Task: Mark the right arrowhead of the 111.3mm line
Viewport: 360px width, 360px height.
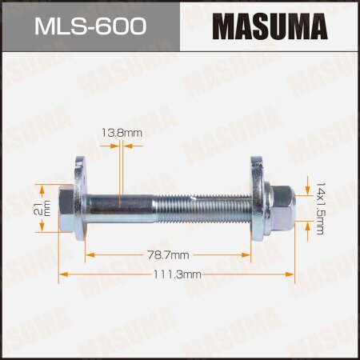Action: point(294,274)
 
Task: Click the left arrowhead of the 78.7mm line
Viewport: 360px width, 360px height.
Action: point(90,254)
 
